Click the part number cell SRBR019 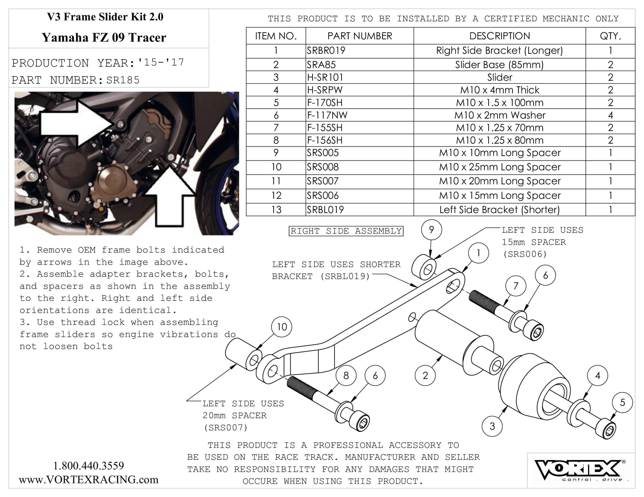326,51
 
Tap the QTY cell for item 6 610,115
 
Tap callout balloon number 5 622,403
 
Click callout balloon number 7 515,286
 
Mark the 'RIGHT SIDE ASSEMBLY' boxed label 346,231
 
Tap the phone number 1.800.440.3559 89,466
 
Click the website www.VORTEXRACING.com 89,480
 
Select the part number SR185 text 123,80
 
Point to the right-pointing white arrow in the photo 77,124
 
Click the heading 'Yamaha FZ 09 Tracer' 104,38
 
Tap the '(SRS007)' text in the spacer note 226,427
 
